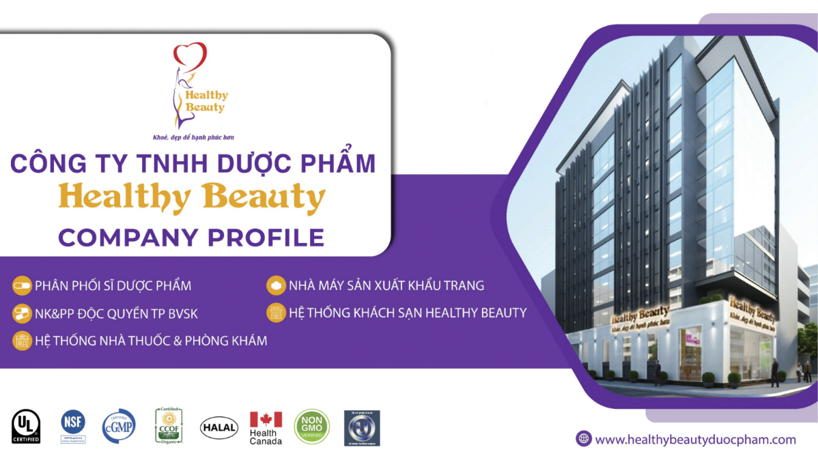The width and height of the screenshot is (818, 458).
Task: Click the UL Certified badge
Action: (26, 426)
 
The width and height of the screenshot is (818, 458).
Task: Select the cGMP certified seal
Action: (119, 426)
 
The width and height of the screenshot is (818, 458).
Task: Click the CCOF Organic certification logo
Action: (169, 426)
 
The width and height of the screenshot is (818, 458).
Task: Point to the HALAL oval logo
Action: (219, 427)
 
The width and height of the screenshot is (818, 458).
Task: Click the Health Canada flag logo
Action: (266, 427)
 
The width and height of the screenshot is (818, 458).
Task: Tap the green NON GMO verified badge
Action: (311, 427)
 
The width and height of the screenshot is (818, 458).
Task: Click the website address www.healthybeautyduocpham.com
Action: (695, 440)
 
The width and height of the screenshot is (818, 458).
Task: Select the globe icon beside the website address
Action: (583, 439)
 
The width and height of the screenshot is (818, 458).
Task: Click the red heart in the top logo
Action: (190, 55)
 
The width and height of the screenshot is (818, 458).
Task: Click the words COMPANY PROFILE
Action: (191, 237)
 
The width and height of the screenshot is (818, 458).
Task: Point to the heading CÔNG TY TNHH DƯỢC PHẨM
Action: (193, 164)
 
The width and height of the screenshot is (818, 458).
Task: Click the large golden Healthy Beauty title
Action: (193, 198)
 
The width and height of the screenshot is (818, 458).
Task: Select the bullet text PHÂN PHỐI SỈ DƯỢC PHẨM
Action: (113, 285)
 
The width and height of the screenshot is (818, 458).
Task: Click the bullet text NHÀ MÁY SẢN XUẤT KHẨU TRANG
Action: (386, 285)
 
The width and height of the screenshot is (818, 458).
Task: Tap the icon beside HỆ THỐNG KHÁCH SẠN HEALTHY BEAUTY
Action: (276, 313)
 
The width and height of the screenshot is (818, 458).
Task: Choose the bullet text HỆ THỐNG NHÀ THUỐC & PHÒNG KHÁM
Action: (151, 340)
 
